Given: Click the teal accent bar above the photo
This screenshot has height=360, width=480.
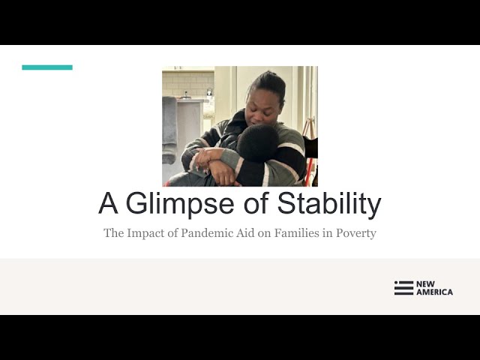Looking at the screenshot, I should [47, 67].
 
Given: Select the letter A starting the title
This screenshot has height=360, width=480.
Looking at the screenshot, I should [109, 204].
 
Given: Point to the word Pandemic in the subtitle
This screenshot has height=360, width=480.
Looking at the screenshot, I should [211, 233].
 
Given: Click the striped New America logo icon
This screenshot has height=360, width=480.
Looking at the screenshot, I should [403, 288].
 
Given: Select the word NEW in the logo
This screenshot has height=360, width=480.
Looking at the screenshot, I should [425, 284].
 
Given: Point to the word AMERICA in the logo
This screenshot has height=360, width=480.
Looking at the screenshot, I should [434, 292].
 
